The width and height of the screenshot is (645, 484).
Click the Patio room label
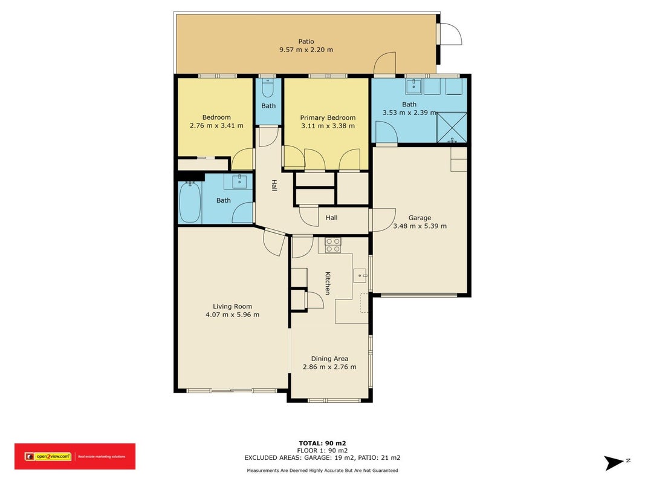click(306, 42)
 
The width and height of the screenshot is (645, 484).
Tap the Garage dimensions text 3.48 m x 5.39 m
click(420, 226)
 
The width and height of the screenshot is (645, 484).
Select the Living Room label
click(232, 306)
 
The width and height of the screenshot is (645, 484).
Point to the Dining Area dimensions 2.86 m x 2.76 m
click(329, 367)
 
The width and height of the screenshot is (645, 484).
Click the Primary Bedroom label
click(328, 118)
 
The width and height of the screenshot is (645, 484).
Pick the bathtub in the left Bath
click(190, 202)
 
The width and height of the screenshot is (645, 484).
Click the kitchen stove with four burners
click(333, 245)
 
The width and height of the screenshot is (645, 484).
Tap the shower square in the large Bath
click(452, 128)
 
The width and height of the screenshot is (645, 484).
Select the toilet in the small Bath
click(267, 88)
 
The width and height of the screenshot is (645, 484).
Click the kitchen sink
click(360, 275)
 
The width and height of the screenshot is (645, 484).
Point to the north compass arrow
click(614, 463)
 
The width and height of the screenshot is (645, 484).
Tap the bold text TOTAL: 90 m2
click(323, 443)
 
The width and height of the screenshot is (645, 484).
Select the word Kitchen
click(328, 283)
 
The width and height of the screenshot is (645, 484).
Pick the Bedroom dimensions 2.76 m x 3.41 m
click(216, 125)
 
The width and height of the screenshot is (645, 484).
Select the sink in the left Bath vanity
click(239, 181)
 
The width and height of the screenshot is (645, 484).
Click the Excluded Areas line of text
click(323, 457)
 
